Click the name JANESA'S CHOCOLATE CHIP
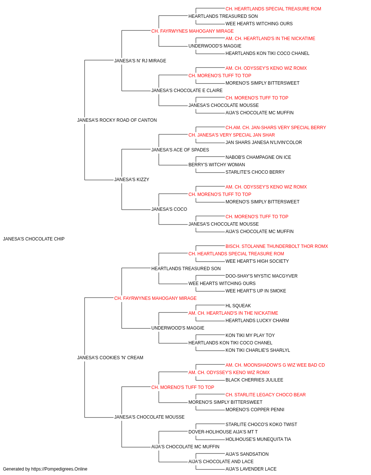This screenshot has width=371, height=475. point(34,239)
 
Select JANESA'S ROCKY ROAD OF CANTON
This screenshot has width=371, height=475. point(117,120)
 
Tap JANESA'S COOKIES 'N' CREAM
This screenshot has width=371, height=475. point(110,358)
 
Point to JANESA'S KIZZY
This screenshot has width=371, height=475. point(132,180)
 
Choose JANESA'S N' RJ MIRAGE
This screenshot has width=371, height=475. point(140,61)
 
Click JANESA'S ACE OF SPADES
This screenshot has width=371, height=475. point(180,150)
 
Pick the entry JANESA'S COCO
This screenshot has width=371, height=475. point(169,209)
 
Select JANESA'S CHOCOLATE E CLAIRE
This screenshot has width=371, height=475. point(187,91)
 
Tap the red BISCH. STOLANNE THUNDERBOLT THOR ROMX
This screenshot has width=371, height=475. point(277,246)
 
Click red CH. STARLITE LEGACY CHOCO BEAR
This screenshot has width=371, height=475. point(266,395)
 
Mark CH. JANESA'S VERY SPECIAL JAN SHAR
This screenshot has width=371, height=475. point(232,135)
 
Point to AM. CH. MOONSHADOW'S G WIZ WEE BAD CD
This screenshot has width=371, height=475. point(275,365)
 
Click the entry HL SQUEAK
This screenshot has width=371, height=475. point(238,305)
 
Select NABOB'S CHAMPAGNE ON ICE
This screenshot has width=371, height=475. point(258,157)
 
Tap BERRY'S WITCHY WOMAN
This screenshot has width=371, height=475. point(217,165)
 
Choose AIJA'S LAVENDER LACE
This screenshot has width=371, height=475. point(251,469)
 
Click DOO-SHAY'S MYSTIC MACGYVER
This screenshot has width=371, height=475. point(262,276)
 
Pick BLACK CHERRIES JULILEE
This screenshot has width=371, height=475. point(255,380)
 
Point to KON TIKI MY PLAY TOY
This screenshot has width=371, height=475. point(250,335)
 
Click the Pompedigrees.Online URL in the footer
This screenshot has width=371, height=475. point(59,469)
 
